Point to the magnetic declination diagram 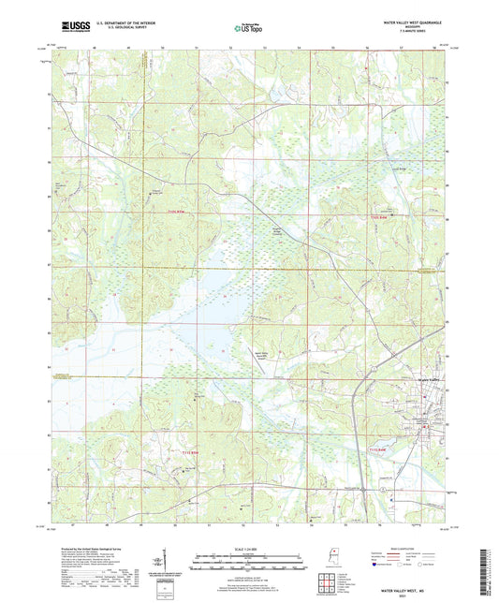169,564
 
